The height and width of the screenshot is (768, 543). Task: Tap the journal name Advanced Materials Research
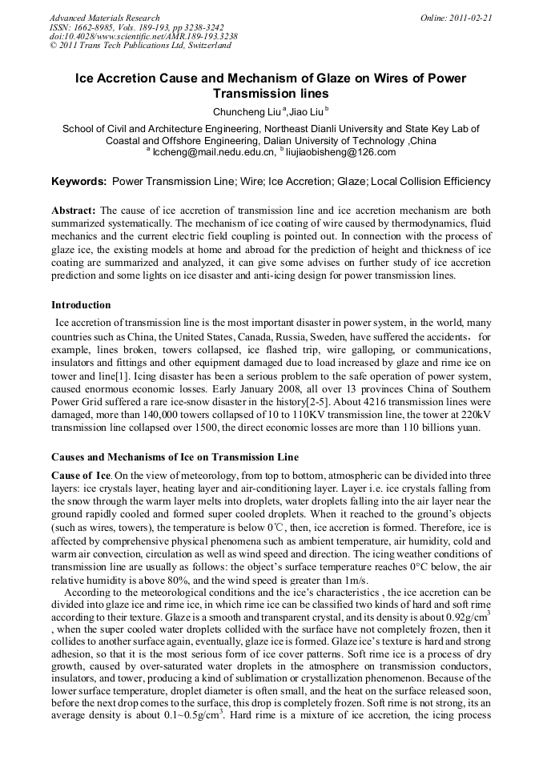[105, 18]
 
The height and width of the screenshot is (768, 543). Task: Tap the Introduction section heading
[81, 304]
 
